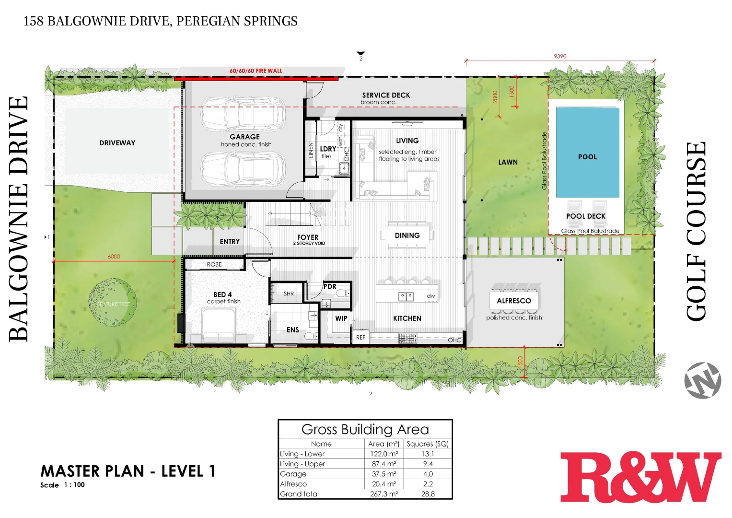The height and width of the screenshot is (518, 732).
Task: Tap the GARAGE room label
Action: [244, 137]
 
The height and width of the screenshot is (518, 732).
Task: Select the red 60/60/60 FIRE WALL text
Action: [256, 71]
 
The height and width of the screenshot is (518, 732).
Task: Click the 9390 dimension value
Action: [560, 56]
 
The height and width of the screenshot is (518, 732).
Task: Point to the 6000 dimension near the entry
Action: [114, 257]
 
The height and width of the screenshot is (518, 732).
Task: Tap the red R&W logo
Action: [640, 477]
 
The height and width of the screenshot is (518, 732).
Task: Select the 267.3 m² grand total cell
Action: [383, 494]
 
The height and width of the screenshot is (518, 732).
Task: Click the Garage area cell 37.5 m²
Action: [383, 474]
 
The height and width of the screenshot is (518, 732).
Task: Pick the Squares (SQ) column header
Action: [428, 444]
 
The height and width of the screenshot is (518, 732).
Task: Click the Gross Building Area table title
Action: [365, 429]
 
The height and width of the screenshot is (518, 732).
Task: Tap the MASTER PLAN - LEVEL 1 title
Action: [128, 471]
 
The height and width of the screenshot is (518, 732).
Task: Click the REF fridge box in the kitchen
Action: [360, 337]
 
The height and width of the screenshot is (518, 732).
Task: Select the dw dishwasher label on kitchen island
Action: [430, 296]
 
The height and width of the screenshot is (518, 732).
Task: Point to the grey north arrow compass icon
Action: [702, 380]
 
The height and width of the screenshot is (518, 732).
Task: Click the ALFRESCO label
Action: [514, 301]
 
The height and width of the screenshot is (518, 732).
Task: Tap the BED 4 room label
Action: [222, 294]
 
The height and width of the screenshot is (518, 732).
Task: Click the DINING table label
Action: [407, 235]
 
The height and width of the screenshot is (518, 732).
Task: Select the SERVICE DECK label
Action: [386, 95]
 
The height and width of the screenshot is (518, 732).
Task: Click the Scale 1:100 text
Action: [62, 485]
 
